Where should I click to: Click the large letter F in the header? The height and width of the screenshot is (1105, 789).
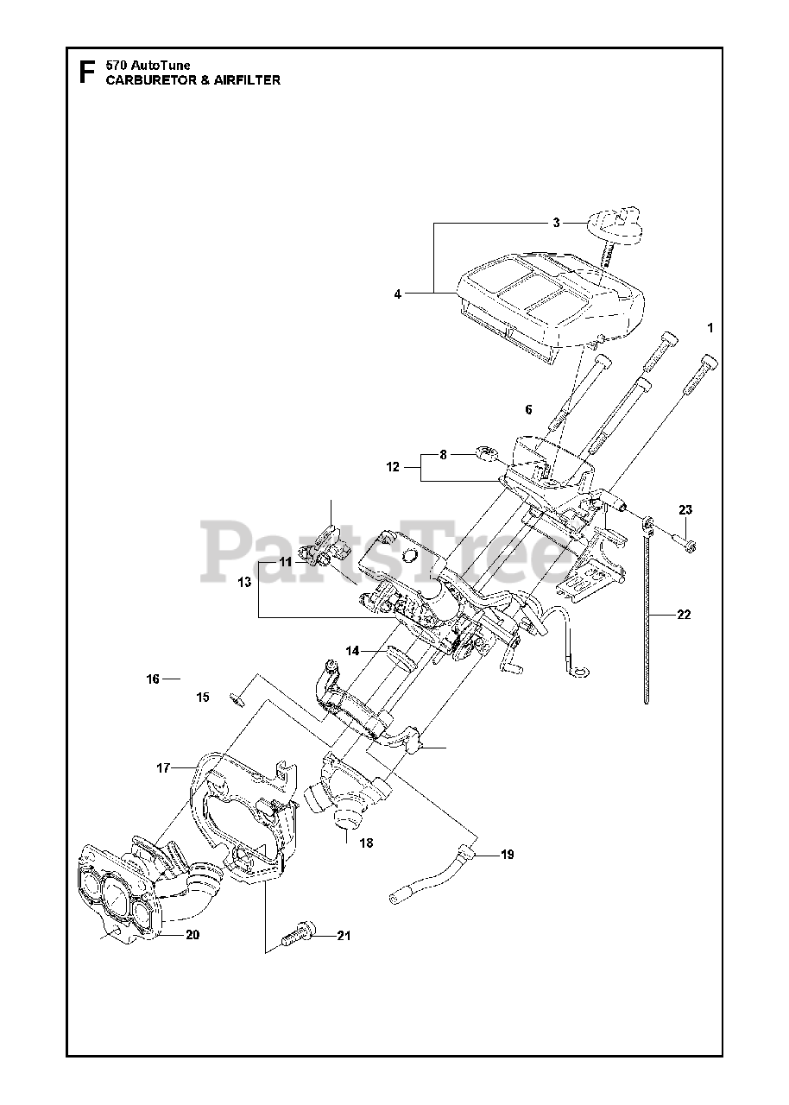[86, 71]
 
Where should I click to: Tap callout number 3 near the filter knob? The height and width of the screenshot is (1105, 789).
[557, 223]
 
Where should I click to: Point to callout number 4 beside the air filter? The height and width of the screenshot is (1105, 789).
[398, 294]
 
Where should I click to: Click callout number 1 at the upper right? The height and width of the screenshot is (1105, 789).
[710, 328]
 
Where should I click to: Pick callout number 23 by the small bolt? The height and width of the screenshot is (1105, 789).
[685, 509]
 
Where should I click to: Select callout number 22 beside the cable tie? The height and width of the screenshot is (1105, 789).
[684, 615]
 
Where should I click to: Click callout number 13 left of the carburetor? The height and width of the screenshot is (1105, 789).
[244, 582]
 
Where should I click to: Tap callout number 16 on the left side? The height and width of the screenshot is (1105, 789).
[153, 679]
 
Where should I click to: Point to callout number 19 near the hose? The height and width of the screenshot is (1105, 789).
[507, 855]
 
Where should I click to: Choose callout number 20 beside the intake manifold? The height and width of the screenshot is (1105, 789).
[192, 934]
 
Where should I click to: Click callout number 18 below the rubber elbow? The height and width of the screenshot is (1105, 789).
[367, 843]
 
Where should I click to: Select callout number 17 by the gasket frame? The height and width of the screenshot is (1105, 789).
[162, 767]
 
